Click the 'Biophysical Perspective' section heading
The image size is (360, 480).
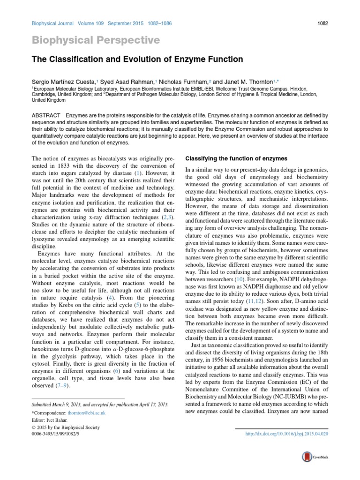click(x=96, y=40)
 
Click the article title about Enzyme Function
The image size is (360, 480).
click(x=137, y=60)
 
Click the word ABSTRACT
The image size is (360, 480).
click(x=45, y=115)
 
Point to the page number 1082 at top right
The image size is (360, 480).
click(x=322, y=22)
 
